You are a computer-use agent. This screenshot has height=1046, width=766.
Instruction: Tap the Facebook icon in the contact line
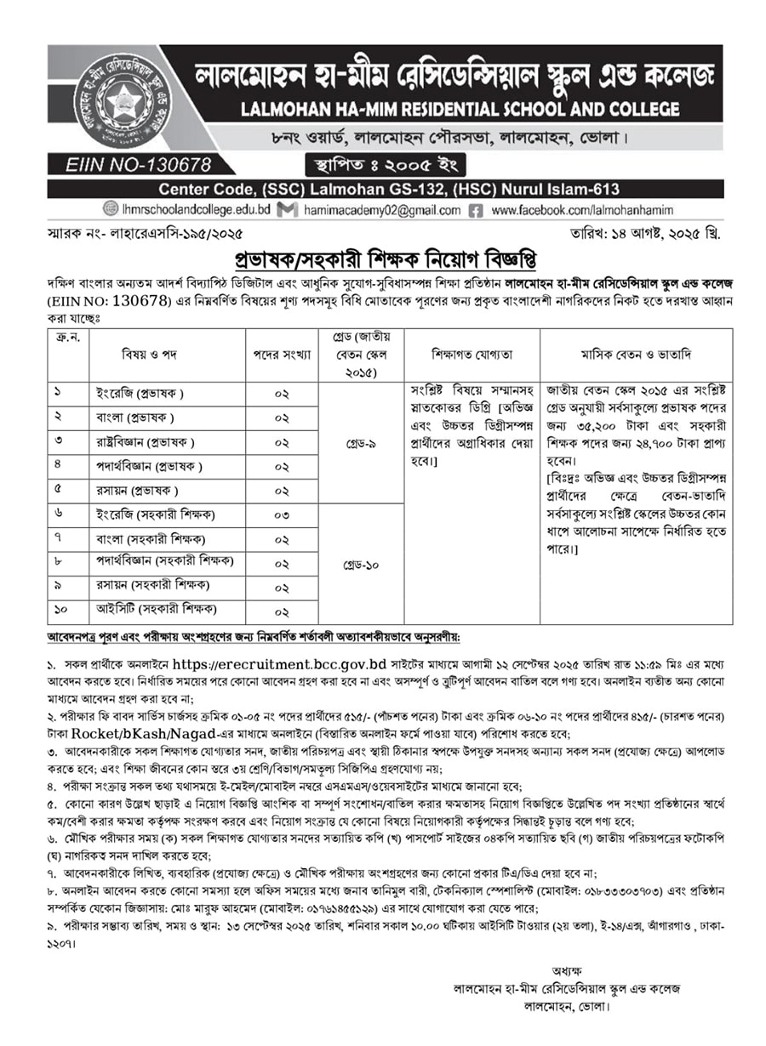pos(476,210)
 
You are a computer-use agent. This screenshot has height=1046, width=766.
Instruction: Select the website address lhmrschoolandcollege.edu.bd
pos(197,210)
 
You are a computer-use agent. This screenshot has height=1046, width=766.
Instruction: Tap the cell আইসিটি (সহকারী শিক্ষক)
pos(156,609)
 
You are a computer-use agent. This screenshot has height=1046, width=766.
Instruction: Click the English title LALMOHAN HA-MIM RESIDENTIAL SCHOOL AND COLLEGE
pos(460,109)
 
